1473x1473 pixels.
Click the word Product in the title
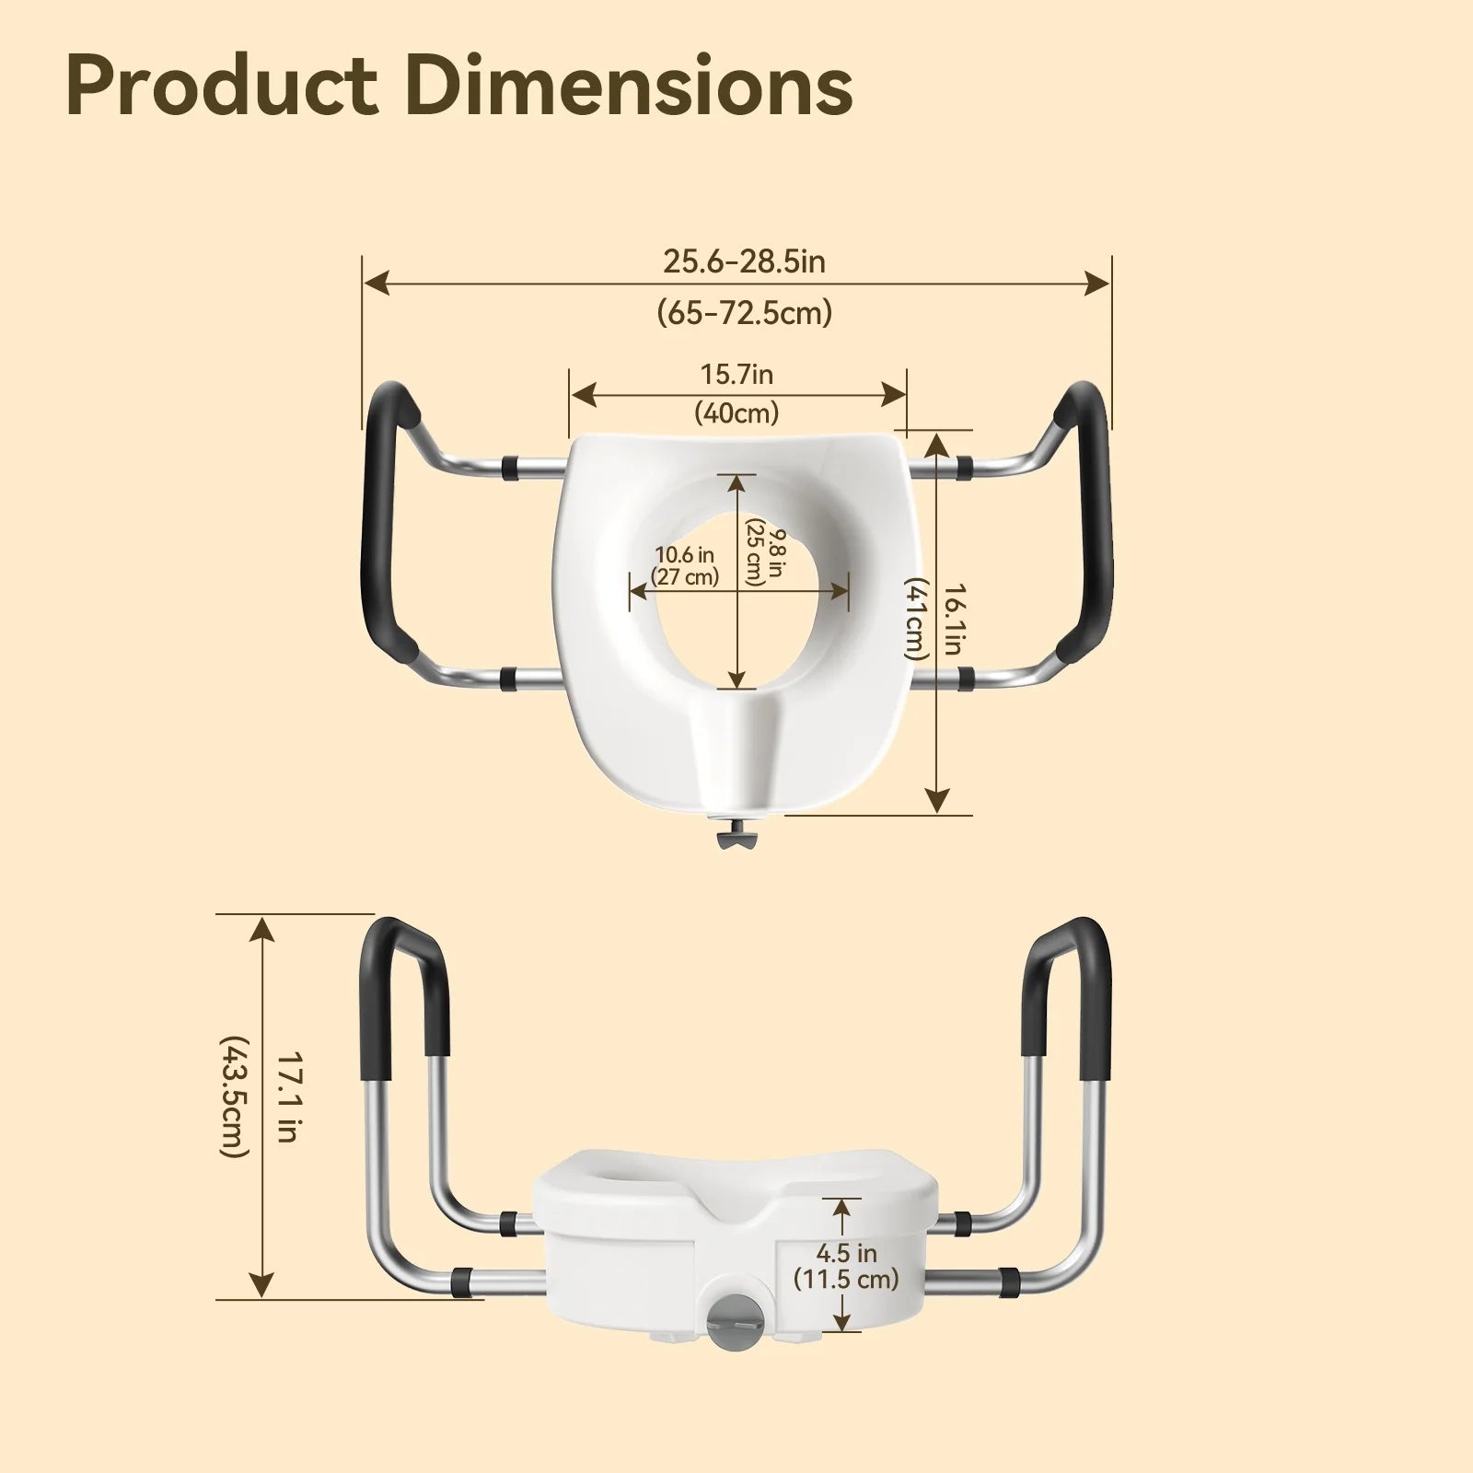tap(221, 87)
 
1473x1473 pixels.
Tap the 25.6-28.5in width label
tap(744, 262)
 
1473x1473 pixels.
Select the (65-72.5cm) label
tap(744, 313)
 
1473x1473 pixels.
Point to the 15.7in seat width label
tap(736, 375)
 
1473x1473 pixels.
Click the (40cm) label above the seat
tap(736, 412)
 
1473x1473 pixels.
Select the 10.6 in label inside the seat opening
tap(685, 555)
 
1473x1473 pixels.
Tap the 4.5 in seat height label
tap(846, 1253)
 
